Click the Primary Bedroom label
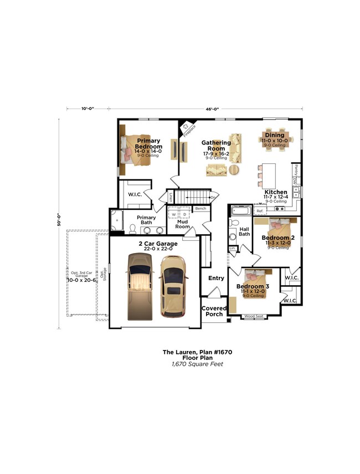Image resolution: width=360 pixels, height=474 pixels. pyautogui.click(x=148, y=144)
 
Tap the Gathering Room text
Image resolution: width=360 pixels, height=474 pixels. pyautogui.click(x=216, y=146)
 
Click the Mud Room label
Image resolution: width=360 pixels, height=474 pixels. pyautogui.click(x=183, y=224)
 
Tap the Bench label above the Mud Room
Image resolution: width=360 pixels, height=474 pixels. pyautogui.click(x=200, y=208)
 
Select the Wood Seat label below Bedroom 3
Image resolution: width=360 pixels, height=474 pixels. pyautogui.click(x=254, y=317)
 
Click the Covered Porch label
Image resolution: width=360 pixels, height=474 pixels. pyautogui.click(x=214, y=311)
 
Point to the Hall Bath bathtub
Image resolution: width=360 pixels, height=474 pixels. pyautogui.click(x=241, y=210)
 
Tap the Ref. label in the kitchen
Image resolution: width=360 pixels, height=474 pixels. pyautogui.click(x=259, y=211)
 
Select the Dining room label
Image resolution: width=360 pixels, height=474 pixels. pyautogui.click(x=274, y=135)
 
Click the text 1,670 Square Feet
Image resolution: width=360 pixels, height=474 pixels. pyautogui.click(x=198, y=364)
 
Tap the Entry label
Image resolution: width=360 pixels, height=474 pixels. pyautogui.click(x=216, y=278)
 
